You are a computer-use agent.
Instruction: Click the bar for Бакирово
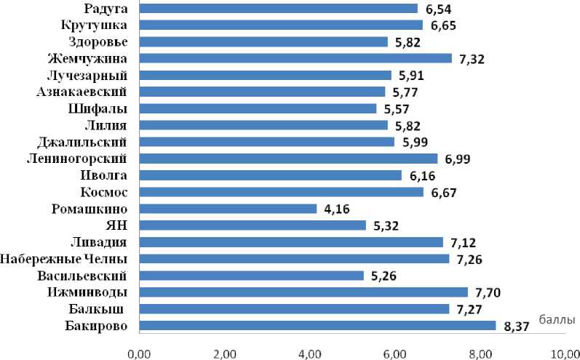point(317,326)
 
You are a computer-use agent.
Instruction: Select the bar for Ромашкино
point(227,209)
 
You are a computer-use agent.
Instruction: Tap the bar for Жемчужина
point(295,58)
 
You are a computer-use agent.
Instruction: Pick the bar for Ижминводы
point(303,292)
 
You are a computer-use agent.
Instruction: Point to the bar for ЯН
point(252,225)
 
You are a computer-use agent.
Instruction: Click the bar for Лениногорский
point(287,159)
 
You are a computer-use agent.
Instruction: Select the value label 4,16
point(335,209)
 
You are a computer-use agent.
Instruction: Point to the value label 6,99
point(456,159)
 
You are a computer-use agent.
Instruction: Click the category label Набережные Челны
point(65,259)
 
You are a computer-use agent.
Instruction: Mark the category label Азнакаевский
point(82,92)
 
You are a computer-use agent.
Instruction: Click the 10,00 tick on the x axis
point(565,353)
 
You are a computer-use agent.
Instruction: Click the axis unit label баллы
point(557,319)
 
